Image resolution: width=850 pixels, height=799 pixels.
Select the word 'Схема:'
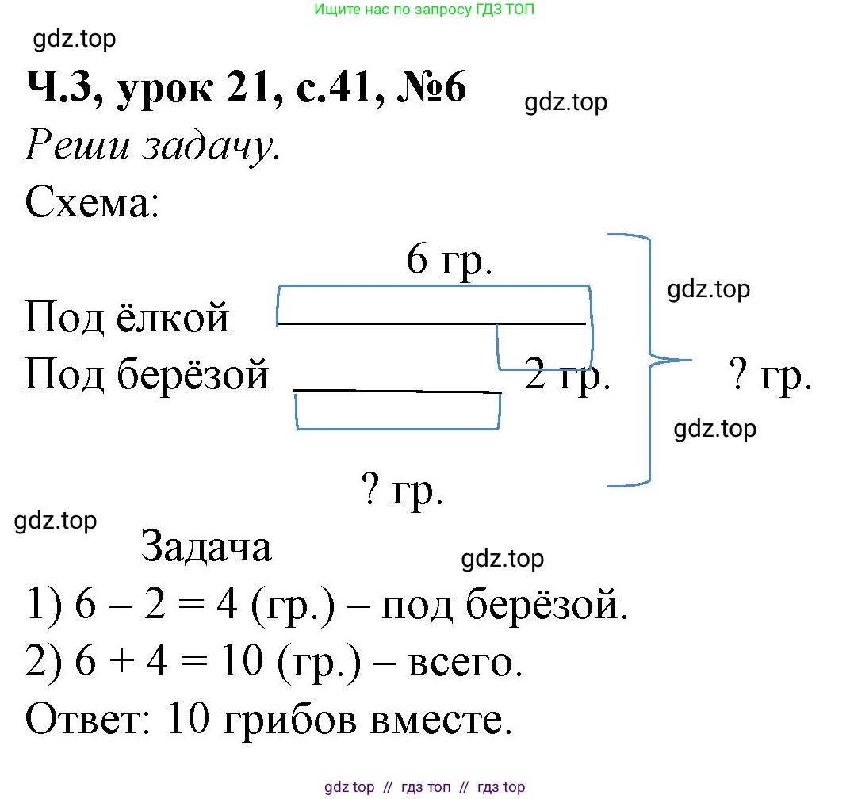click(x=93, y=205)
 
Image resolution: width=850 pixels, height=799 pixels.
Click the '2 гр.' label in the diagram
click(x=567, y=377)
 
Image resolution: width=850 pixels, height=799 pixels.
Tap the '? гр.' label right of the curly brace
click(x=770, y=377)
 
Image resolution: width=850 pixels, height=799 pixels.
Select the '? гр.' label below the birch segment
click(x=402, y=491)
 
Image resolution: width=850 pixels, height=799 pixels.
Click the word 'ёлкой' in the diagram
click(x=185, y=318)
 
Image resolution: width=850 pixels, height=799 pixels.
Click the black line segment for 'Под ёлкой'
click(x=431, y=323)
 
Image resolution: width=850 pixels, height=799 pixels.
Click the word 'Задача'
click(x=206, y=547)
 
